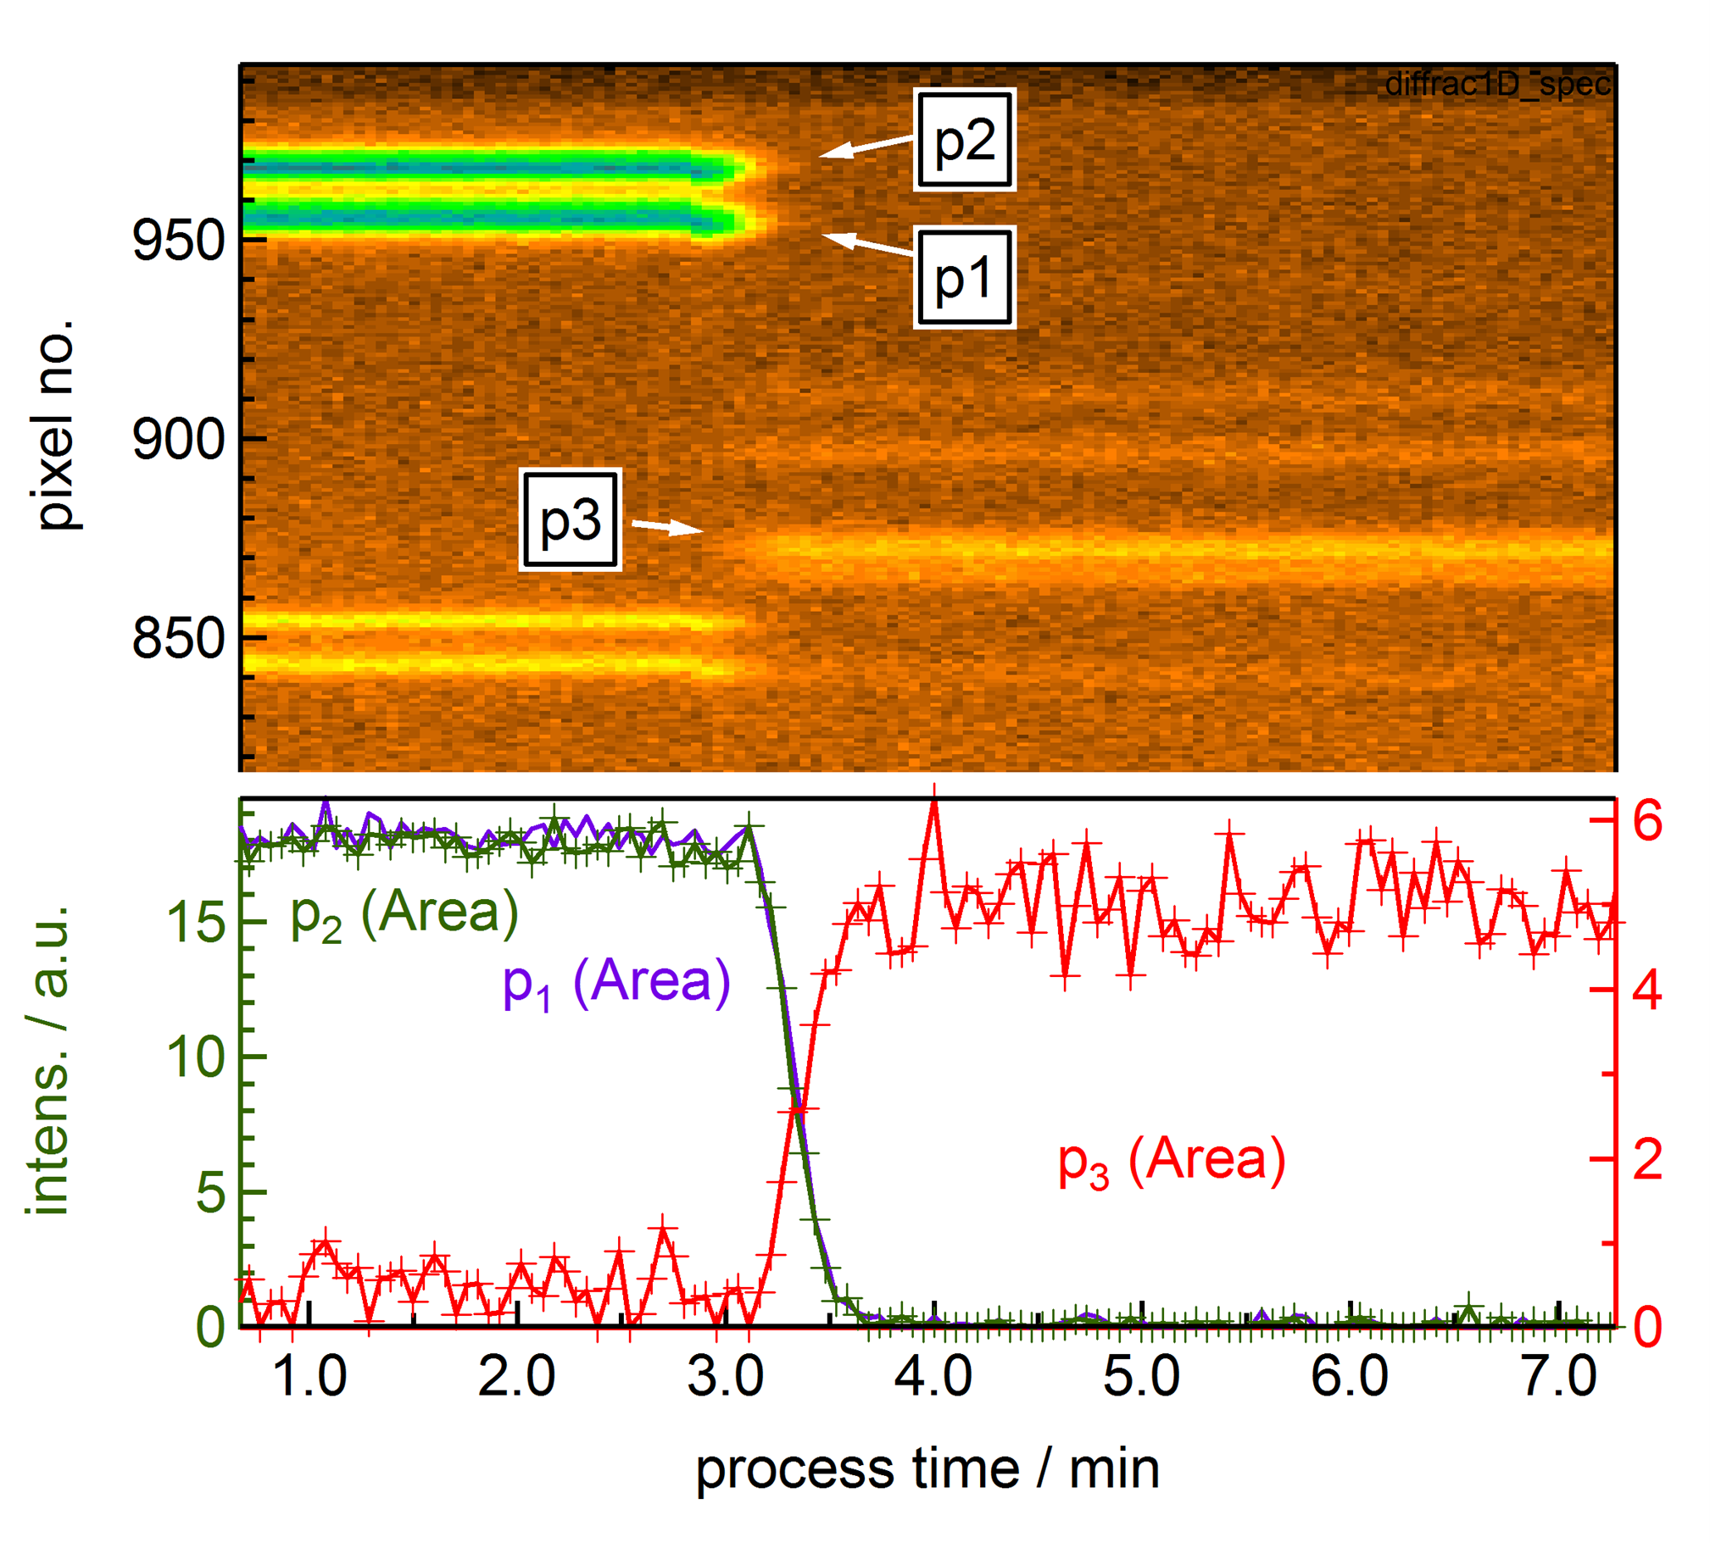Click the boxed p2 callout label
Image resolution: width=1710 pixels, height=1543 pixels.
coord(965,140)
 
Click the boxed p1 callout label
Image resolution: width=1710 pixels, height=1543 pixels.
coord(965,277)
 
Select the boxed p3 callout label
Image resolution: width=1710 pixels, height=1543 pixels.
coord(570,519)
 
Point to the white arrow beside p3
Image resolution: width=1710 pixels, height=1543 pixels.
coord(667,527)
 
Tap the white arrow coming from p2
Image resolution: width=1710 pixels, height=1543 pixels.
coord(866,147)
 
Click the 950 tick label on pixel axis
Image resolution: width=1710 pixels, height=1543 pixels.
coord(178,240)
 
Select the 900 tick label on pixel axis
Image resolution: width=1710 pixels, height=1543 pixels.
coord(178,440)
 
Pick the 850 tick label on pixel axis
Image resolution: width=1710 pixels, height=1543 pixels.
coord(178,638)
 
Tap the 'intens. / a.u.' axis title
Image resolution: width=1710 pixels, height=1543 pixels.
coord(48,1060)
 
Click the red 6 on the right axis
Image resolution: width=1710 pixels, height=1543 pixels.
coord(1647,820)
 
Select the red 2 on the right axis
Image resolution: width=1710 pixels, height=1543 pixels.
coord(1647,1159)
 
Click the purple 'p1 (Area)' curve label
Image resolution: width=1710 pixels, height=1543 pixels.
coord(616,984)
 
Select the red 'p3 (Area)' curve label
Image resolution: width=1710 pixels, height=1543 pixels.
coord(1172,1162)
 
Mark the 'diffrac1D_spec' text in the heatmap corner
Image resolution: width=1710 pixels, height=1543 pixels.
coord(1497,84)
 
